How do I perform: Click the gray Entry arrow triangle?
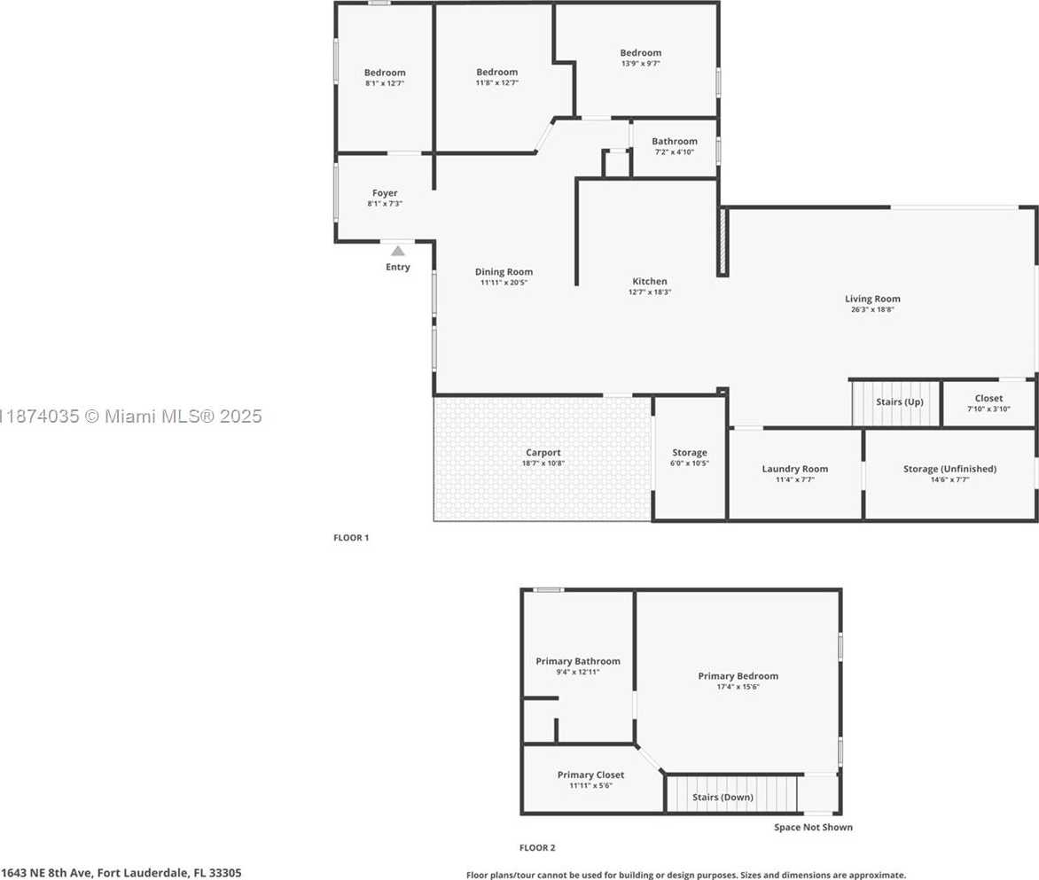coord(397,251)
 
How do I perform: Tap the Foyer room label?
coord(385,193)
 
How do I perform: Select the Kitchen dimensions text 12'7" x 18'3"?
coord(649,292)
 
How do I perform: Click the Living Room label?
coord(872,299)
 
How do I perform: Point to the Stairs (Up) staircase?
coord(896,402)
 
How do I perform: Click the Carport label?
coord(543,453)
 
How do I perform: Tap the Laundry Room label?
coord(794,469)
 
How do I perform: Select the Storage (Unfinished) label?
coord(949,469)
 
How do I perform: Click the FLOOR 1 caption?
coord(351,538)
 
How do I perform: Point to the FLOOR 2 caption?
coord(537,847)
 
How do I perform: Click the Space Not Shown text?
coord(813,827)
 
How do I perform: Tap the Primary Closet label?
coord(590,775)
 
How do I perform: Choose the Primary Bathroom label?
coord(578,661)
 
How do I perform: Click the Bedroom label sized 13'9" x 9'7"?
coord(641,53)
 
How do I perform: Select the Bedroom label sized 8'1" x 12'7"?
coord(385,73)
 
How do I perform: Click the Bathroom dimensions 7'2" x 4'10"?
coord(675,152)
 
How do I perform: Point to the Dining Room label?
coord(504,271)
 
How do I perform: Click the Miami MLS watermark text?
coord(131,416)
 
